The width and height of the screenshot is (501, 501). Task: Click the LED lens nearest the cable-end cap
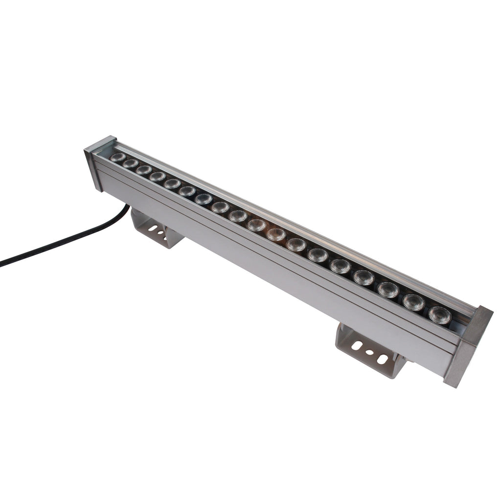tap(117, 158)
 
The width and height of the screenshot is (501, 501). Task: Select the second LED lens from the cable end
tap(130, 163)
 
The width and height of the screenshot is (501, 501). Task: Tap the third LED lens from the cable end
tap(143, 170)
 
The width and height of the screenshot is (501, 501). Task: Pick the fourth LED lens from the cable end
tap(157, 176)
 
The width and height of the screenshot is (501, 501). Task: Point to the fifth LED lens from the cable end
tap(172, 183)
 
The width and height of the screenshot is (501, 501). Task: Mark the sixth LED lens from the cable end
tap(187, 191)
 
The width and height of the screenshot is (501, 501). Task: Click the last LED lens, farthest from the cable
tap(439, 315)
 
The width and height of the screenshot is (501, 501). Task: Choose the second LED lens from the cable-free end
tap(413, 302)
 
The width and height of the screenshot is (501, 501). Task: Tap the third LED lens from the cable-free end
tap(388, 289)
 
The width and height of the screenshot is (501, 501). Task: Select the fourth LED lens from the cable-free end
tap(364, 277)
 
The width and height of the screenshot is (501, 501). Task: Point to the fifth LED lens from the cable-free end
tap(340, 266)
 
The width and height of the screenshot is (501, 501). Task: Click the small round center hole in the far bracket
tap(370, 352)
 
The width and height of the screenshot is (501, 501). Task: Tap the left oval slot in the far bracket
tap(357, 345)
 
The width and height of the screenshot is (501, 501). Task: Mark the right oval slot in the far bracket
tap(382, 360)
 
